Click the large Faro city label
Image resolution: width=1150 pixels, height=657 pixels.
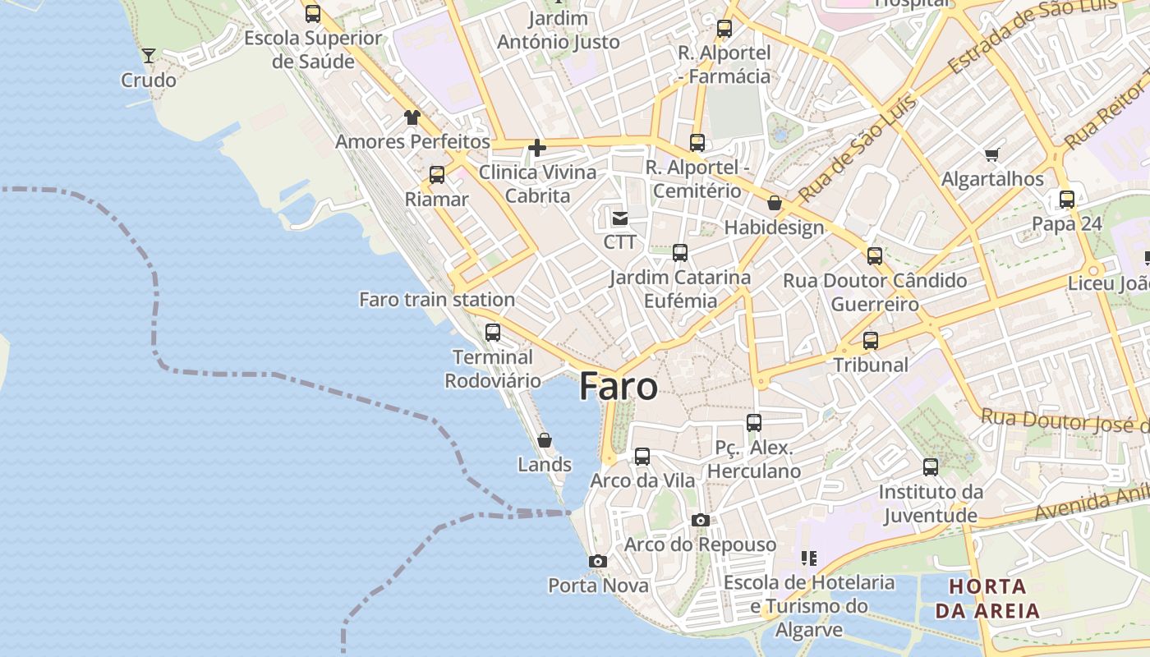(x=619, y=387)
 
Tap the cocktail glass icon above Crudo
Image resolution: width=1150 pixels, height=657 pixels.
(x=149, y=55)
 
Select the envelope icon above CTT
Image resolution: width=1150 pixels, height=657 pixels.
(x=620, y=218)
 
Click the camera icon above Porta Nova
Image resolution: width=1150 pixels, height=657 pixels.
(x=598, y=561)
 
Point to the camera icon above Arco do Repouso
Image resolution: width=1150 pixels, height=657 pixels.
(x=701, y=520)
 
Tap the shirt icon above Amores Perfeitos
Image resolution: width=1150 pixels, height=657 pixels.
(x=412, y=117)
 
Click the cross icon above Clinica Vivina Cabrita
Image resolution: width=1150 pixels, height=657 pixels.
(x=537, y=148)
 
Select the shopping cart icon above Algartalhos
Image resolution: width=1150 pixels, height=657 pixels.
(x=992, y=154)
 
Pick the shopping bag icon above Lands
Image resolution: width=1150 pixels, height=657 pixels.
(x=544, y=440)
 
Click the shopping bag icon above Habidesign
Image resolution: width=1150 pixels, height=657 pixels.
(x=774, y=203)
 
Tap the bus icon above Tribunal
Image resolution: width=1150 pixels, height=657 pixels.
(x=871, y=340)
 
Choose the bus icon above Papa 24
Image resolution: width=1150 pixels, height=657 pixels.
(x=1067, y=199)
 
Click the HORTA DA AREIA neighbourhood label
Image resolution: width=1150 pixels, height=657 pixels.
(x=987, y=599)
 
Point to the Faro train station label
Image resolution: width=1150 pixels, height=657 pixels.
(x=437, y=300)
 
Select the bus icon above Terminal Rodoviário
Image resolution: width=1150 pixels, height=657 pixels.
(x=493, y=333)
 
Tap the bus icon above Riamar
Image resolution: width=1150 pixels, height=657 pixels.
(x=437, y=174)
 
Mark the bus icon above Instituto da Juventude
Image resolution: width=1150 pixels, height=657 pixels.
(x=931, y=467)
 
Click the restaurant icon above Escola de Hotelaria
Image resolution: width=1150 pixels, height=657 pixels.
(x=809, y=558)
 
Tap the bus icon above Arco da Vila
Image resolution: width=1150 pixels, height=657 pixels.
(x=642, y=456)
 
